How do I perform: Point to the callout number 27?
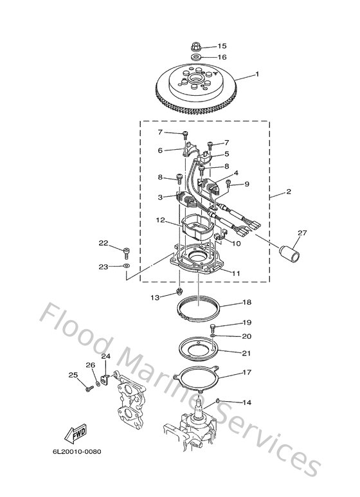[x=302, y=233]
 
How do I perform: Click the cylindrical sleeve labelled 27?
[x=287, y=249]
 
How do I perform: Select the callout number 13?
[x=154, y=298]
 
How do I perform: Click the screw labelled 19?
[x=212, y=329]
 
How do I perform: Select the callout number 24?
[x=105, y=356]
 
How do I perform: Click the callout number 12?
[x=161, y=220]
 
